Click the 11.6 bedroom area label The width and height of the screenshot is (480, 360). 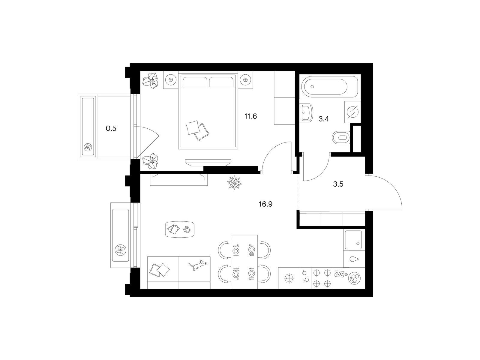click(251, 116)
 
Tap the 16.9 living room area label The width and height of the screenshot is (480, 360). click(266, 204)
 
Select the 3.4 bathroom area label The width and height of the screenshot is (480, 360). click(324, 119)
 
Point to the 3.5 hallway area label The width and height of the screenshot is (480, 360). click(338, 184)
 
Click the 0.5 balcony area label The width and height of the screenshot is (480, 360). click(111, 128)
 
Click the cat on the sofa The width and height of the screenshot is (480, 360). click(198, 265)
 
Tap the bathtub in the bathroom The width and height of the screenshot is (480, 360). click(326, 87)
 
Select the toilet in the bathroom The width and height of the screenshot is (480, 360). click(341, 138)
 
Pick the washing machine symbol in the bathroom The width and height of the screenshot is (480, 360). click(352, 112)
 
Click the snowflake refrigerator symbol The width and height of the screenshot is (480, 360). click(289, 278)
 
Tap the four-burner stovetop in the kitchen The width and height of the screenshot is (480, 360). click(322, 278)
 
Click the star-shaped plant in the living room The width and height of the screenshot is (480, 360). click(234, 182)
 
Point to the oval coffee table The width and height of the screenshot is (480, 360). click(180, 229)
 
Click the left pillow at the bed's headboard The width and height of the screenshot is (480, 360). click(195, 82)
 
